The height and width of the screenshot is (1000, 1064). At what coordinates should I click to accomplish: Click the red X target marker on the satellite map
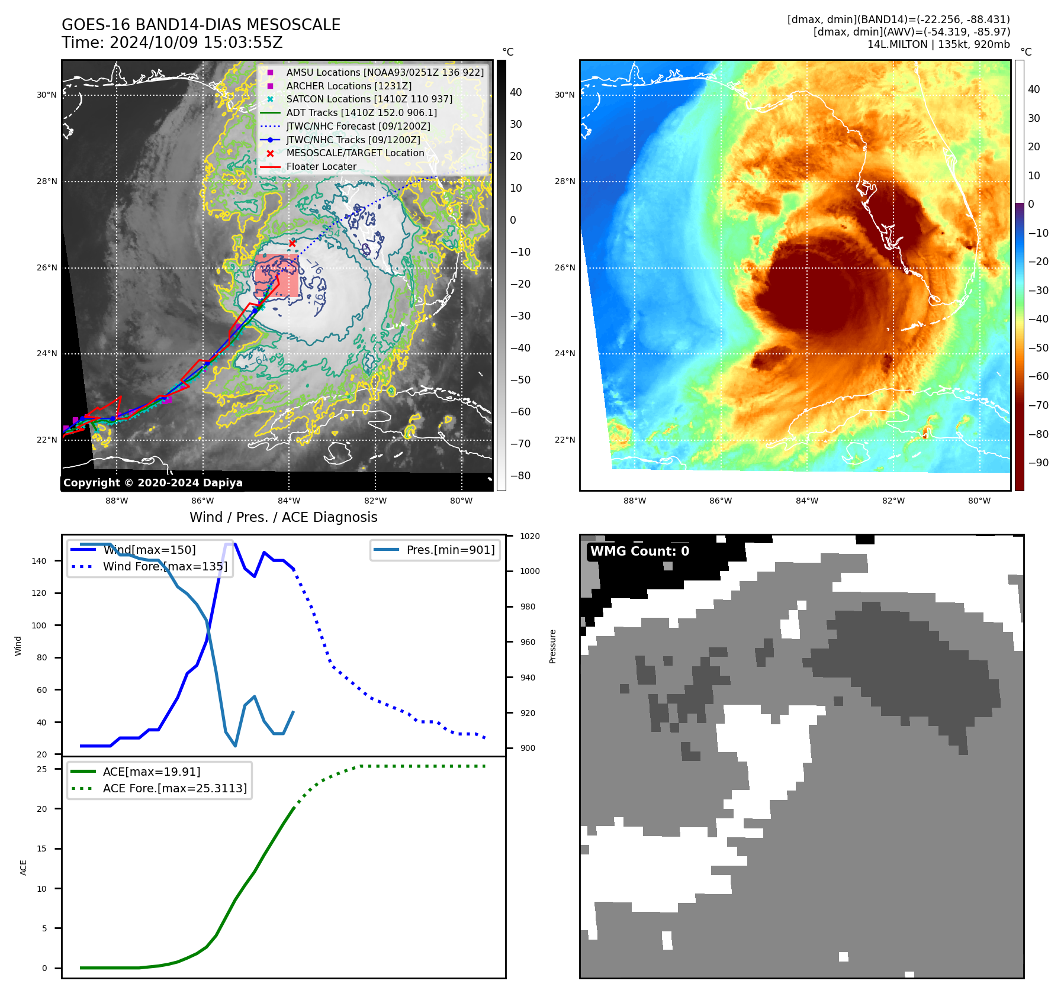coord(292,243)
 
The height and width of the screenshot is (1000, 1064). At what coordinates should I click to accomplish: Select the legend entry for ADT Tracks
coord(361,112)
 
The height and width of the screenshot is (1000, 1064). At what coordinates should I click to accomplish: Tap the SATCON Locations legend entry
coord(369,99)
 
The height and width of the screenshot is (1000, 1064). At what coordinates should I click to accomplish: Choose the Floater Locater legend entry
coord(321,167)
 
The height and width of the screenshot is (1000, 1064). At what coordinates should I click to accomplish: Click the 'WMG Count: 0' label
coord(639,551)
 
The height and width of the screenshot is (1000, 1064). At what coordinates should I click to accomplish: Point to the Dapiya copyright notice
coord(153,483)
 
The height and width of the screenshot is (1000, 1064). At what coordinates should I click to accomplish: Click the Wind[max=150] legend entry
coord(149,550)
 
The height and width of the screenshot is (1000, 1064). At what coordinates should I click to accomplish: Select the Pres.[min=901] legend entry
coord(450,550)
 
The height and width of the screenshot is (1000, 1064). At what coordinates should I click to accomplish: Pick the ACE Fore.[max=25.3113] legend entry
coord(175,788)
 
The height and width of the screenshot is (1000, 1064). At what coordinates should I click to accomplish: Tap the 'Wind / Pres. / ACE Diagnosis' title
coord(283,517)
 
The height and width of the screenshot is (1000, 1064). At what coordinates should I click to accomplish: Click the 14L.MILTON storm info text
coord(938,44)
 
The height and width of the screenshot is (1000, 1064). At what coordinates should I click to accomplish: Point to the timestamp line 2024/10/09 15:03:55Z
coord(172,43)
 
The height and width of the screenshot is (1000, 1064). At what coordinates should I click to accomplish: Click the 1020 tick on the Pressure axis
coord(529,536)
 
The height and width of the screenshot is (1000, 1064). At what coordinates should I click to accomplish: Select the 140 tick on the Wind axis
coord(39,561)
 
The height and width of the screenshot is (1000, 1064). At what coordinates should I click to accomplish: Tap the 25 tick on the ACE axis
coord(42,769)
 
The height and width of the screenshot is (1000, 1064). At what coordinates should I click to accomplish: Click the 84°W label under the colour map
coord(806,501)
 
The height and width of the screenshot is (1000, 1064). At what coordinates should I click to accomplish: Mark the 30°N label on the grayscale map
coord(47,95)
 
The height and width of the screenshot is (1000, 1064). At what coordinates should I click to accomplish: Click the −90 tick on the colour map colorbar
coord(1038,463)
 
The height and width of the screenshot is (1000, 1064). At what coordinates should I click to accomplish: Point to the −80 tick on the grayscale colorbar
coord(520,476)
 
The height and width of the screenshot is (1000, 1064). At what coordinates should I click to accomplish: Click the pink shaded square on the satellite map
coord(277,275)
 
